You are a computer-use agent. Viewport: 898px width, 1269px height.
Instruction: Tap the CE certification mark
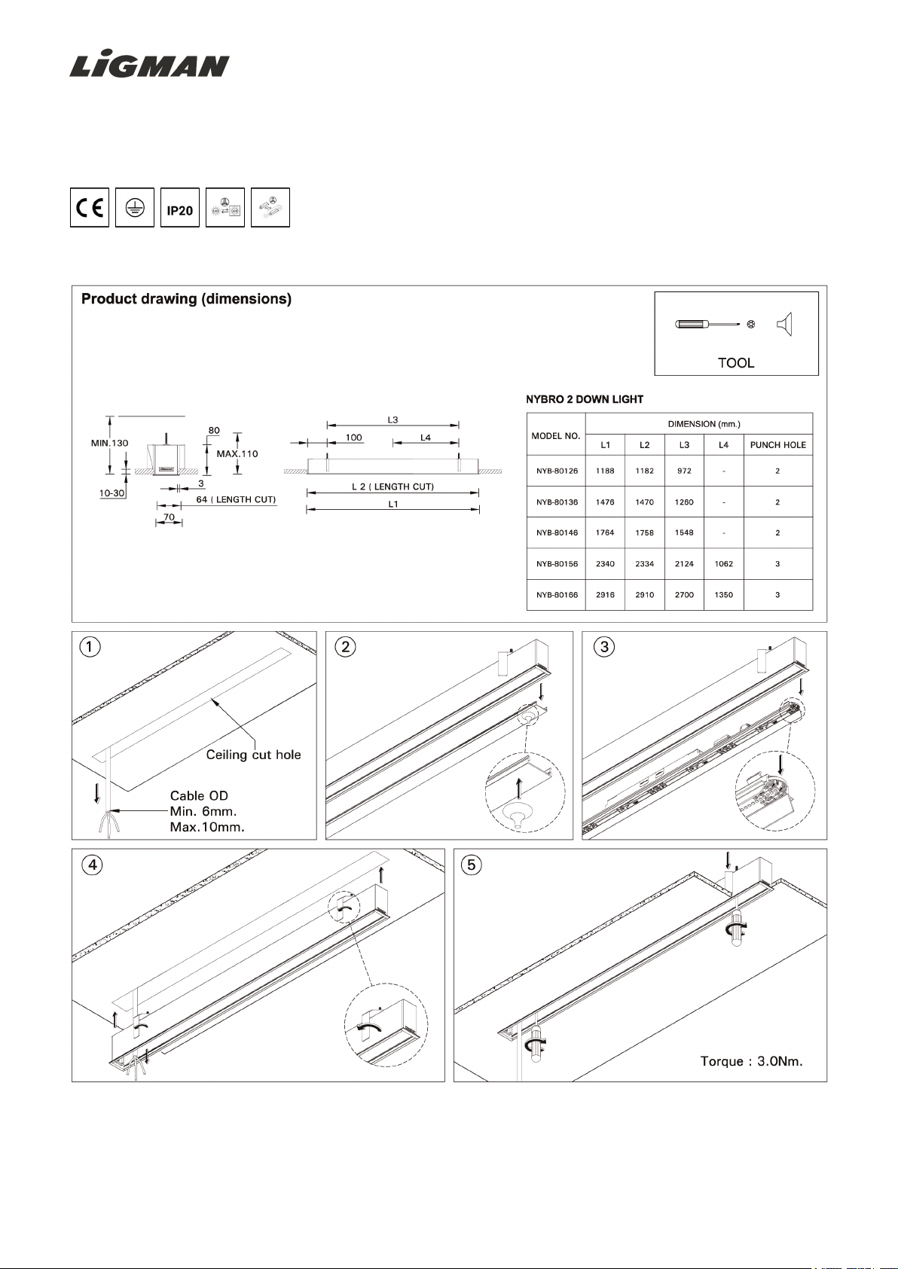point(90,207)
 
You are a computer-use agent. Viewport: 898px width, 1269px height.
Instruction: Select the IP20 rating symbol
point(179,207)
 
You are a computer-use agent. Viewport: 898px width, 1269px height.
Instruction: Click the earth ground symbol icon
point(135,207)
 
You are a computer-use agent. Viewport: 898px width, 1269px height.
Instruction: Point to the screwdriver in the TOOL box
point(707,325)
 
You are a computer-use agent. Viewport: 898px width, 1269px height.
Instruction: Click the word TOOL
point(736,362)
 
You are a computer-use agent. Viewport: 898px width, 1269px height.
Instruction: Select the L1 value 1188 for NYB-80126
point(605,471)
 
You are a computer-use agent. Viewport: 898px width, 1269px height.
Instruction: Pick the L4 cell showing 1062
point(723,563)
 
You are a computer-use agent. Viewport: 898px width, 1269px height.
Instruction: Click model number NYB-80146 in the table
point(557,532)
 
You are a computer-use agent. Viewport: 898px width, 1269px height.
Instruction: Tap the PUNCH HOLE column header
point(778,445)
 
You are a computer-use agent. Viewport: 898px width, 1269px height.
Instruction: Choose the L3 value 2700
point(684,595)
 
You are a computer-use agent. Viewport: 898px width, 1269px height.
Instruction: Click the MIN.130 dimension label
point(110,443)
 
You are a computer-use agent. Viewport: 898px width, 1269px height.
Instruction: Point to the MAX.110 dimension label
point(237,454)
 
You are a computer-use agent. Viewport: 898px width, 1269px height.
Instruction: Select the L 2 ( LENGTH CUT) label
point(392,487)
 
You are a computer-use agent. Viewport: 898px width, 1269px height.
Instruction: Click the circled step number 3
point(604,647)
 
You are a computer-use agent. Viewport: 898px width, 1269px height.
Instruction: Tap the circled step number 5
point(472,865)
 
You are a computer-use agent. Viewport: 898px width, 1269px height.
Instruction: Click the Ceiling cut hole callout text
point(253,755)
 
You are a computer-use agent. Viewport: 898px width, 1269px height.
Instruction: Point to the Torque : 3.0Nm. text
point(751,1061)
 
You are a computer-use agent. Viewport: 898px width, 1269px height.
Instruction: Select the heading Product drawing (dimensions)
point(186,299)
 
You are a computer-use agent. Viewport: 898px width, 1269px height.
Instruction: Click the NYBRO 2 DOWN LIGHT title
point(585,399)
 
